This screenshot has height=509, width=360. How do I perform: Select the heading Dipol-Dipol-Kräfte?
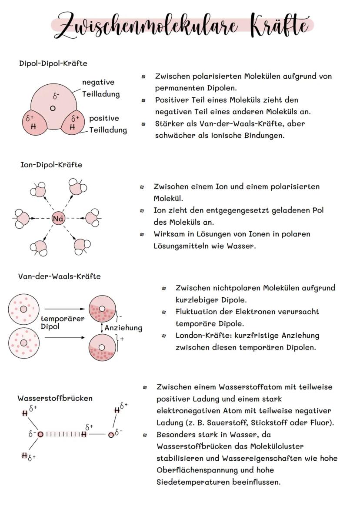point(53,63)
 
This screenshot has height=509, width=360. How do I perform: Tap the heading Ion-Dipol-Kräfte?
point(51,165)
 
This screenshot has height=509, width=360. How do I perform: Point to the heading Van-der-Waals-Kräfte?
point(59,276)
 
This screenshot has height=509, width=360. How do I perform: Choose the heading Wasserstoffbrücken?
point(55,398)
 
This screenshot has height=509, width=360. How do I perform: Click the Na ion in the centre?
point(58,219)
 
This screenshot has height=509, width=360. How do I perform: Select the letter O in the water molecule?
point(53,108)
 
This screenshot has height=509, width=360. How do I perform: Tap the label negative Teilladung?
point(100,88)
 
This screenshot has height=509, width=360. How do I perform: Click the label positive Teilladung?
point(107,124)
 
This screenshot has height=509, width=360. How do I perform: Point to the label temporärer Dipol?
point(62,322)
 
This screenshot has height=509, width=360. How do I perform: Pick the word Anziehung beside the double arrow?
point(123,328)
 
